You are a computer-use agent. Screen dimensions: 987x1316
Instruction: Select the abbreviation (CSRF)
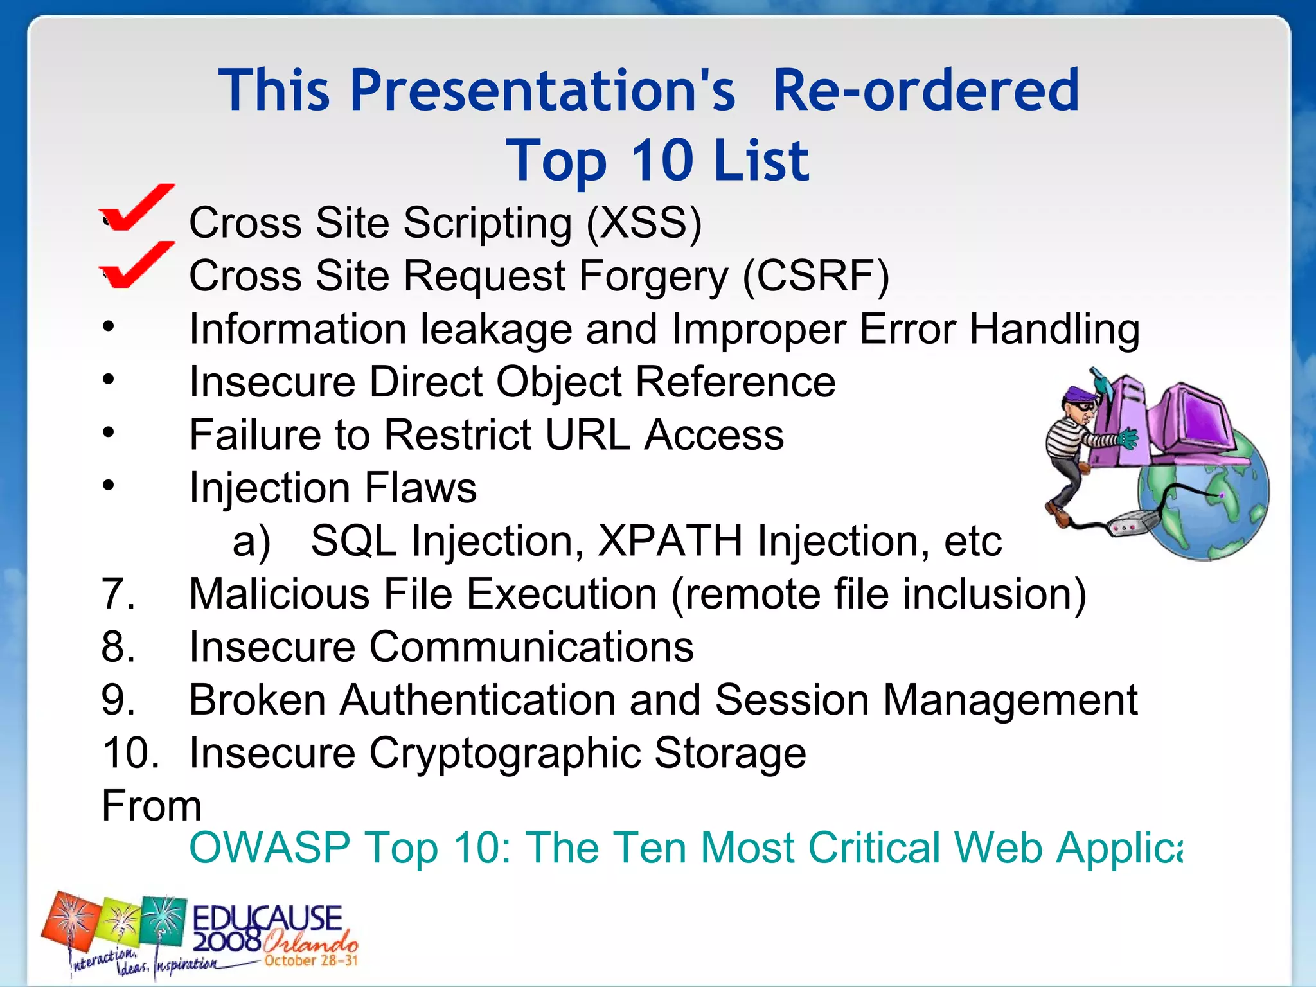click(815, 276)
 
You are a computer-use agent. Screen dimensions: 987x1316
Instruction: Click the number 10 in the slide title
click(662, 161)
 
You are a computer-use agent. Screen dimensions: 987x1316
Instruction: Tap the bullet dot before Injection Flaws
click(109, 485)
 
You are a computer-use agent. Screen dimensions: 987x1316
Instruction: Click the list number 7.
click(118, 593)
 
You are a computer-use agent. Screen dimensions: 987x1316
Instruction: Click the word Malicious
click(279, 593)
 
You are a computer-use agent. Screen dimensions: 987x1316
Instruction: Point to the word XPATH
click(670, 540)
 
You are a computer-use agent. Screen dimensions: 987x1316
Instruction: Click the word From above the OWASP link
click(152, 806)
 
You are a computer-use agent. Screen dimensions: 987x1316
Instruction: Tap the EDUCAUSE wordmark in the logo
click(267, 918)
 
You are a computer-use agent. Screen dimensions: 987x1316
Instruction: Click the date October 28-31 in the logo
click(311, 961)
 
